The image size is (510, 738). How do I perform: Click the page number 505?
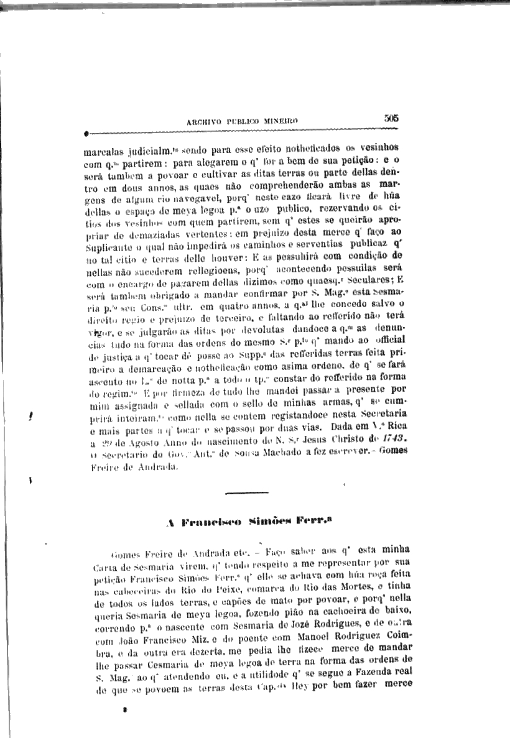pyautogui.click(x=391, y=117)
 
